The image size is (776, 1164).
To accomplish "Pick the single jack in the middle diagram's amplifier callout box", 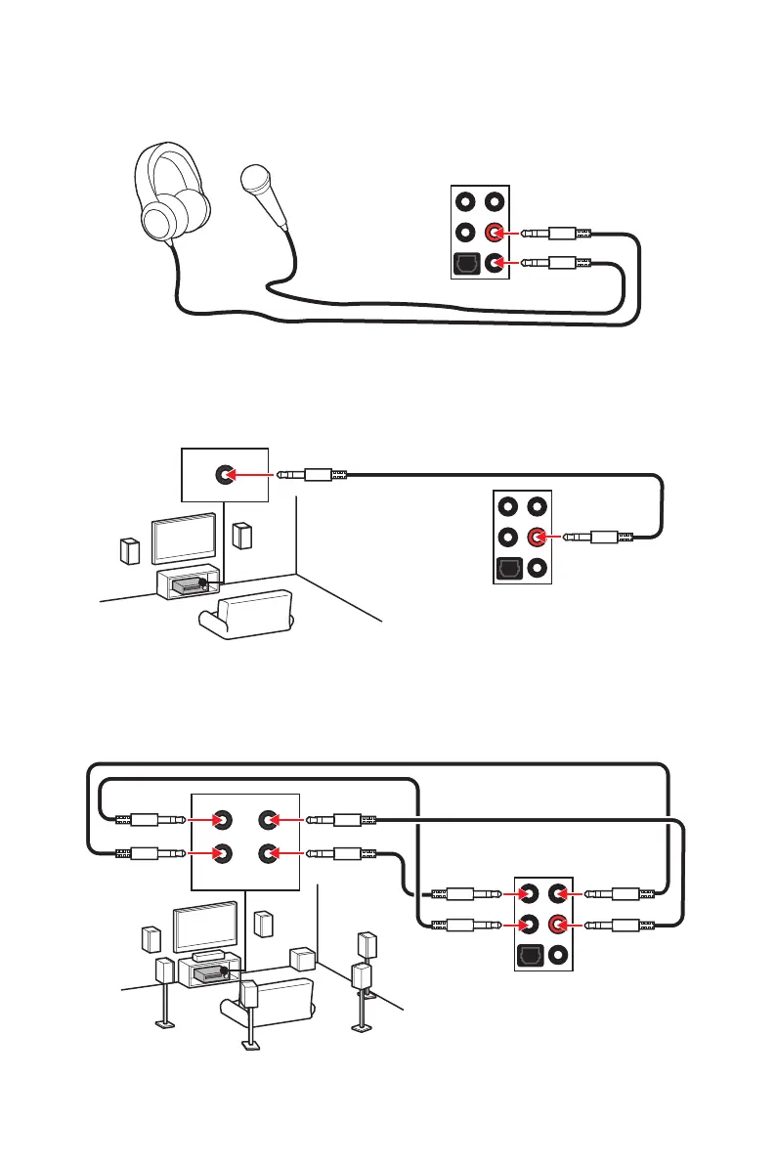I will point(224,475).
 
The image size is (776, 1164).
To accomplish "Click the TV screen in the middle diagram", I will point(184,537).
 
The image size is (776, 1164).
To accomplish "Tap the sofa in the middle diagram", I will point(246,616).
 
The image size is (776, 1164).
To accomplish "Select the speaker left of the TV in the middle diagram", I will point(130,551).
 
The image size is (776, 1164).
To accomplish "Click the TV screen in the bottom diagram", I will point(205,927).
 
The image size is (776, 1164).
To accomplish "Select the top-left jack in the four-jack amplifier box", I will point(224,821).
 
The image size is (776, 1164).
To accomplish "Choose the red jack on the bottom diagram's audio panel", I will point(560,923).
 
